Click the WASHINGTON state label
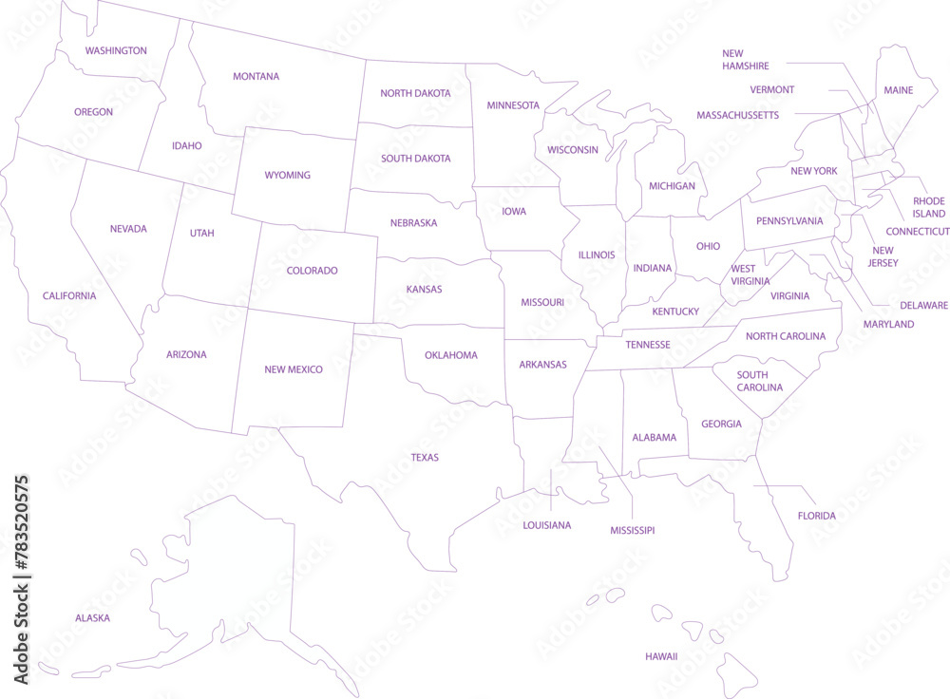click(x=116, y=50)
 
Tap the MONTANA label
click(x=256, y=76)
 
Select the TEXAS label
click(x=425, y=458)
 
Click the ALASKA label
click(x=92, y=618)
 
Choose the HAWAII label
click(x=661, y=656)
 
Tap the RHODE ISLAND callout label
click(x=929, y=207)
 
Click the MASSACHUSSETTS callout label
click(x=737, y=115)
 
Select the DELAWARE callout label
click(x=923, y=305)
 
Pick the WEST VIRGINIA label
click(x=743, y=274)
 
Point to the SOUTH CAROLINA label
click(x=760, y=381)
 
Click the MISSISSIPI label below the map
click(x=632, y=531)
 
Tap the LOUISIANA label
click(x=547, y=525)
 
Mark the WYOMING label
click(x=287, y=176)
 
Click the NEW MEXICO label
click(x=294, y=369)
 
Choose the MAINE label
click(x=898, y=90)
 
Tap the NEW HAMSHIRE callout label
click(x=746, y=60)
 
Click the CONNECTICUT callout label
click(x=918, y=232)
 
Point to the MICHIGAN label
click(x=672, y=186)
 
